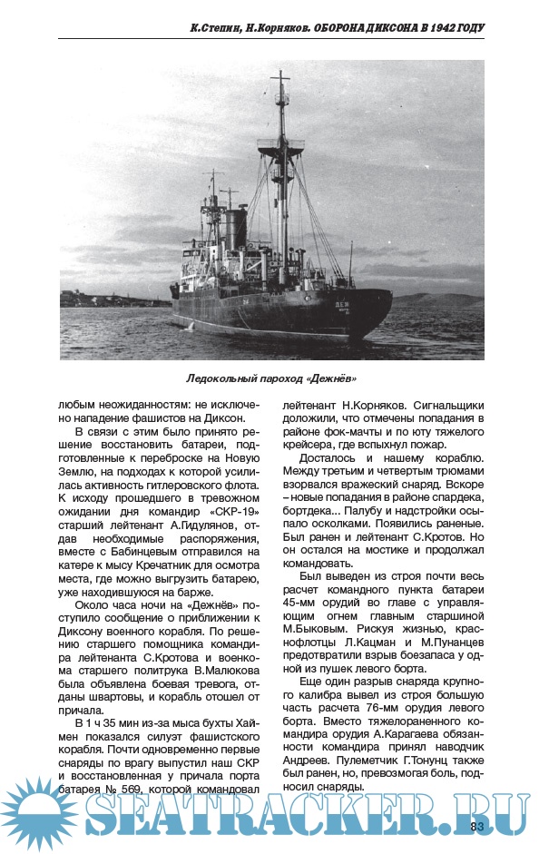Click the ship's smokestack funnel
click(x=235, y=227)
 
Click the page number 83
click(x=478, y=825)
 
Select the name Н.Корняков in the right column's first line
click(x=373, y=406)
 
